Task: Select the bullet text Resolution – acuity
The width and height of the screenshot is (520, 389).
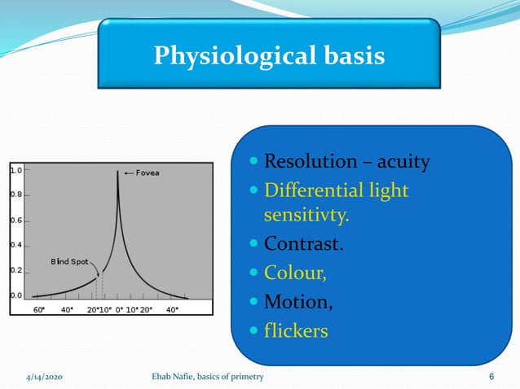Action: click(x=346, y=162)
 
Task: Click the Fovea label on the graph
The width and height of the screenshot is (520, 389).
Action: click(x=147, y=173)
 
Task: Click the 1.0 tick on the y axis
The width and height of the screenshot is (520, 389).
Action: click(x=16, y=171)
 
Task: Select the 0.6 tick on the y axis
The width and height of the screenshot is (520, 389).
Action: click(x=16, y=221)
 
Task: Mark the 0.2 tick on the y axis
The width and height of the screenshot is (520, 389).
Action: click(x=16, y=270)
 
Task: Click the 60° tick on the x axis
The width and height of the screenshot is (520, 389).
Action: click(x=38, y=309)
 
